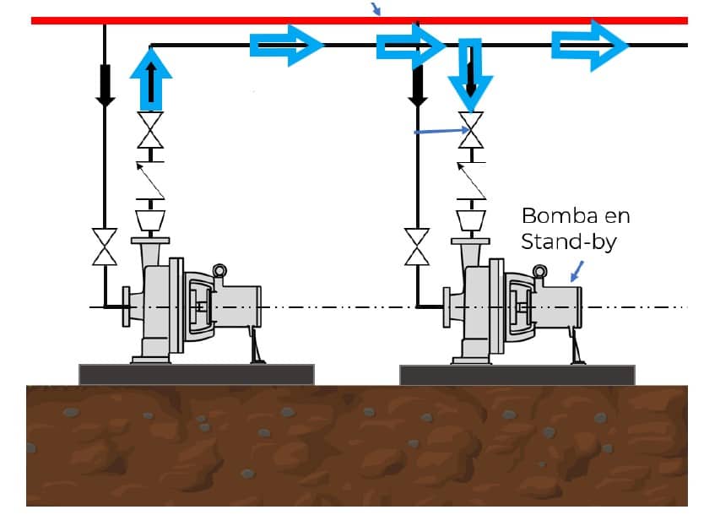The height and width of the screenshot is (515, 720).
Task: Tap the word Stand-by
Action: [569, 241]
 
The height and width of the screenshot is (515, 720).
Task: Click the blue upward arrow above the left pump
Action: [151, 79]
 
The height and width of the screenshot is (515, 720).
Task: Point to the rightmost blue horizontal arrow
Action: [590, 46]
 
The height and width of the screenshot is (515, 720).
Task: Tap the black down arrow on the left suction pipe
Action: [106, 86]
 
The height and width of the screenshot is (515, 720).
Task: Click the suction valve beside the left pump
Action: [105, 247]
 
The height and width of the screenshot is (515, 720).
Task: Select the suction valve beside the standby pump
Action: [417, 247]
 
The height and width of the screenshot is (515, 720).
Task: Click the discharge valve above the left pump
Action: [150, 130]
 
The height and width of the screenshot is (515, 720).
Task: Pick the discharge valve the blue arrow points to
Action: [471, 130]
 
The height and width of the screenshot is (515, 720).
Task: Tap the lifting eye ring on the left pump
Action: [219, 271]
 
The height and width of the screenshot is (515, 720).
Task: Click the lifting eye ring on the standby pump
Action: [539, 272]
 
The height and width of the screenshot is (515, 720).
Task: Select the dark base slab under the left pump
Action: [197, 374]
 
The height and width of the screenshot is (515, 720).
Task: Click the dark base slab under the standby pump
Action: [517, 375]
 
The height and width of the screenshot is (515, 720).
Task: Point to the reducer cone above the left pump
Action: [150, 220]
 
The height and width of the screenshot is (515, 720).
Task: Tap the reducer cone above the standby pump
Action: [471, 220]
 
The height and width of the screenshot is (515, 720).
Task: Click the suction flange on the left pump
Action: [126, 306]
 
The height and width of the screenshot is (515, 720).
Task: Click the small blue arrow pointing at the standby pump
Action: [577, 272]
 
